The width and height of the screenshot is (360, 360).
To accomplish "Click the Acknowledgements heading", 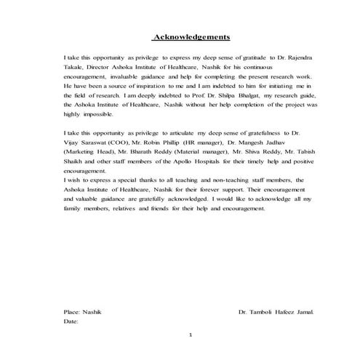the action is point(191,37).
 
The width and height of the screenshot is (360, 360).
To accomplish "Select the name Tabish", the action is point(306,154).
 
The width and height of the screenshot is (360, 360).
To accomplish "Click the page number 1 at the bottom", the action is point(190,336).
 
